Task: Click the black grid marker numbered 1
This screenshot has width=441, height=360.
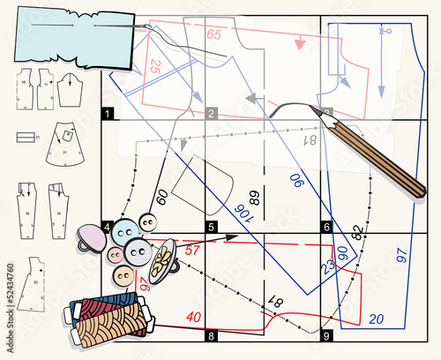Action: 108,113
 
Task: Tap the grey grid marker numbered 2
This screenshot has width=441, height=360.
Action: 211,113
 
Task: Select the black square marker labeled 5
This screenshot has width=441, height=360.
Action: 211,227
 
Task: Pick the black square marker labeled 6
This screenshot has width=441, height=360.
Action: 326,227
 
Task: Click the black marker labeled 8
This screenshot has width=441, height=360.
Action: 211,336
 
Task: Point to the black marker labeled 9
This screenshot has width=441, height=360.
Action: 326,336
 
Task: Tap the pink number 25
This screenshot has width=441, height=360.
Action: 154,65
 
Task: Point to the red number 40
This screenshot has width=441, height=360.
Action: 192,317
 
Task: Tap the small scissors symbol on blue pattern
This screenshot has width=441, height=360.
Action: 384,31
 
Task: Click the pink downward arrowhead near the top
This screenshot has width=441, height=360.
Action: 300,42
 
